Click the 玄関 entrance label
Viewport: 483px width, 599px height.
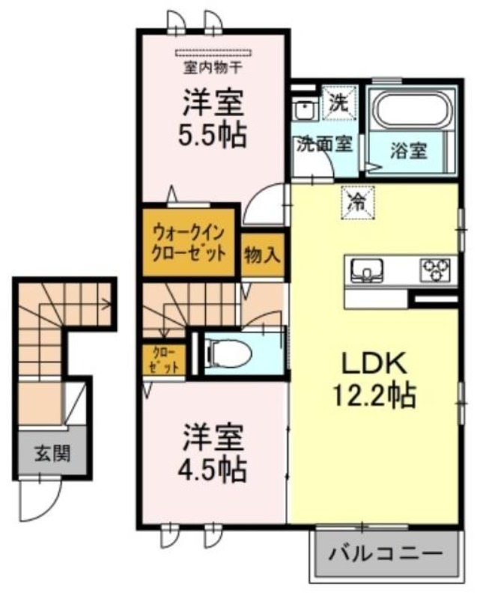click(52, 454)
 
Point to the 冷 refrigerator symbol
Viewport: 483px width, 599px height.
click(358, 202)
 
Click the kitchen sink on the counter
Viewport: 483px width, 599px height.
click(366, 270)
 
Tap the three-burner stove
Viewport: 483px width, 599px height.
click(435, 270)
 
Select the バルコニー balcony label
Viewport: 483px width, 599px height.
click(386, 553)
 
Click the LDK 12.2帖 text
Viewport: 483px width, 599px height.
click(374, 380)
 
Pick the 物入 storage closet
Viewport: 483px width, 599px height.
click(263, 255)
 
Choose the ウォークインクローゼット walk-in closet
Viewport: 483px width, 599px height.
click(188, 242)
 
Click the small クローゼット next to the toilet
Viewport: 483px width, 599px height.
click(164, 359)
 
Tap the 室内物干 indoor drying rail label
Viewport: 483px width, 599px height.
click(213, 68)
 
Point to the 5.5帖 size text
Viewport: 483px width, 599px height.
click(212, 136)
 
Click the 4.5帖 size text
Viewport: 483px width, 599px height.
click(212, 469)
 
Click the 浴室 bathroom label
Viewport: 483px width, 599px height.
click(408, 150)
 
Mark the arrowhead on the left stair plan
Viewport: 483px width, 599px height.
click(108, 305)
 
